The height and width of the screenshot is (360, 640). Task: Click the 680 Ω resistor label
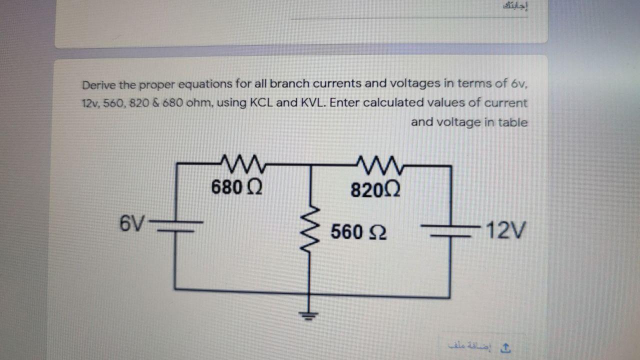(x=236, y=187)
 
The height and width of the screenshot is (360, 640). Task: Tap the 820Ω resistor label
(x=375, y=190)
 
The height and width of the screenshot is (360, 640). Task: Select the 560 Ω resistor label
(x=358, y=232)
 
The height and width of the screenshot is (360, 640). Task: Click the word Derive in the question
(x=99, y=84)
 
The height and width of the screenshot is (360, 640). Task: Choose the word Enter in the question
(x=345, y=103)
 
